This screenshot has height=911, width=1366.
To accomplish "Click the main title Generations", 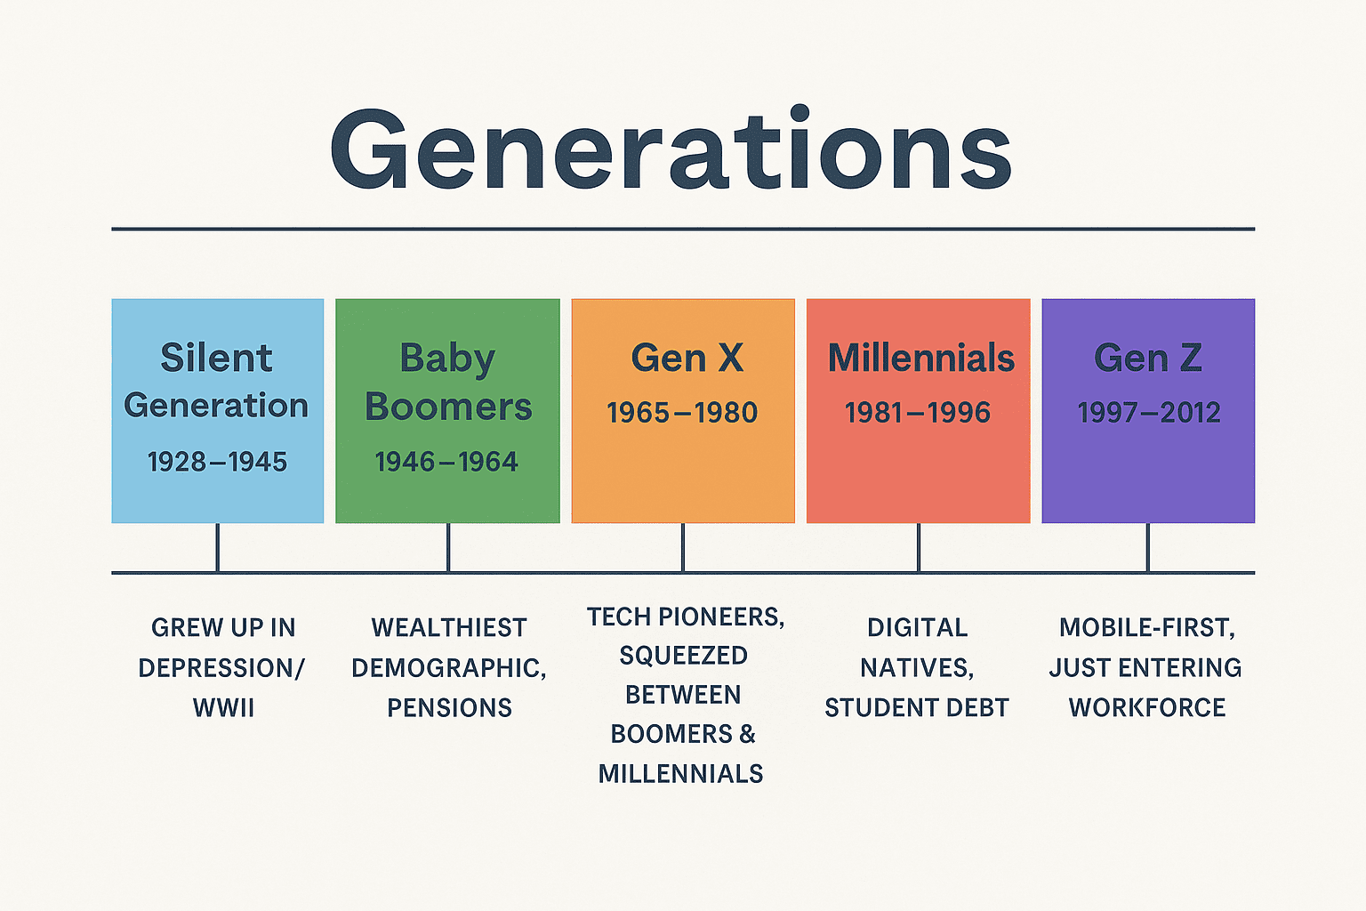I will point(671,150).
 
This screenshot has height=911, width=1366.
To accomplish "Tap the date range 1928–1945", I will point(217,462).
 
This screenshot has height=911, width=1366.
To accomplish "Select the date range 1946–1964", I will point(446,462).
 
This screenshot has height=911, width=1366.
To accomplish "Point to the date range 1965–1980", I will point(682,413).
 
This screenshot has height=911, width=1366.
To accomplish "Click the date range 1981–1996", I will point(918,413).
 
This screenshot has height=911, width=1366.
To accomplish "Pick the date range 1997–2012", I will point(1148,413).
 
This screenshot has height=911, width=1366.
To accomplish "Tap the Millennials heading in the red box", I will point(920,359).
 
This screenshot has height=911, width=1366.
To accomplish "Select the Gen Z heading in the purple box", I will point(1148,359).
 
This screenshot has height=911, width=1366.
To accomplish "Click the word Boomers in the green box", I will point(448,407).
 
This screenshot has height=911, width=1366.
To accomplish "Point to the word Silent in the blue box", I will point(216,359).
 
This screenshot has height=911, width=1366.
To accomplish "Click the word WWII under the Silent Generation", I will point(223,708).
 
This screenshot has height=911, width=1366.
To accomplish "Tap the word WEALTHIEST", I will point(449,628).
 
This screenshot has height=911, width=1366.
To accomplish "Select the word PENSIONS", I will point(449,708).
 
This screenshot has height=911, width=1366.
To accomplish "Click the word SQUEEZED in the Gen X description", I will point(683,656).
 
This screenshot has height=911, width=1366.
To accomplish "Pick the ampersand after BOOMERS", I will point(747,735).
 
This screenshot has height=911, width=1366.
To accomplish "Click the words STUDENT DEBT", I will point(917,708).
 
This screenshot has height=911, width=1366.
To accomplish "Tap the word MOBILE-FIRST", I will point(1146,628).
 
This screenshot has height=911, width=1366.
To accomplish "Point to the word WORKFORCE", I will point(1146,708).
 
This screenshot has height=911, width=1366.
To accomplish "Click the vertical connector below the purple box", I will point(1147,547).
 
